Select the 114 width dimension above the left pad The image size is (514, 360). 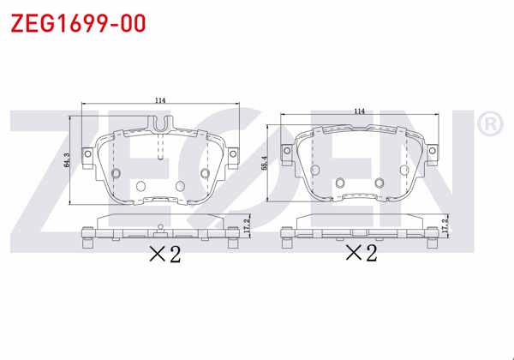[160, 101]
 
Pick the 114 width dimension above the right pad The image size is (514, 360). [359, 111]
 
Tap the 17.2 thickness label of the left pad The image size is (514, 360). [247, 226]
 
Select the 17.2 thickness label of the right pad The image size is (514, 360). [445, 226]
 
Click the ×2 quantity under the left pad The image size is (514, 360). [165, 255]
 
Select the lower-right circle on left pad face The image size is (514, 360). [179, 187]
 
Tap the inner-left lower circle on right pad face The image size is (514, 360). [340, 182]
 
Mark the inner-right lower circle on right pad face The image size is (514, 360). [379, 182]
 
